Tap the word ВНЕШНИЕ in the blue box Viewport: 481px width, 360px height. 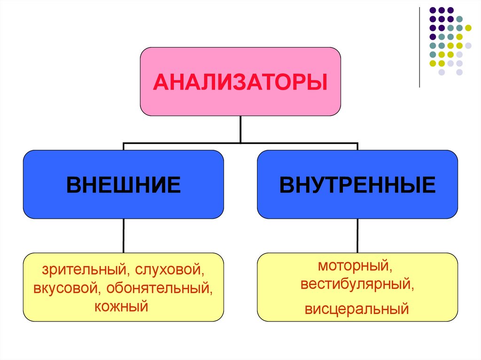(124, 184)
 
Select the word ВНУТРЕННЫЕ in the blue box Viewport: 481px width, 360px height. (357, 184)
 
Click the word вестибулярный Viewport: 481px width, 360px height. (357, 284)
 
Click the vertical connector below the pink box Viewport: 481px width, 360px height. (240, 129)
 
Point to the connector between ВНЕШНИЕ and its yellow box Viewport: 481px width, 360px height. (124, 236)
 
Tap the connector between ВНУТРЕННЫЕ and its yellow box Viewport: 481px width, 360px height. (357, 236)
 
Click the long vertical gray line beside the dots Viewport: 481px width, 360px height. (419, 47)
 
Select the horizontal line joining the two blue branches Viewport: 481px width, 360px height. (240, 143)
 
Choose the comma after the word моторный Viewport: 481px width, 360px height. (390, 269)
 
